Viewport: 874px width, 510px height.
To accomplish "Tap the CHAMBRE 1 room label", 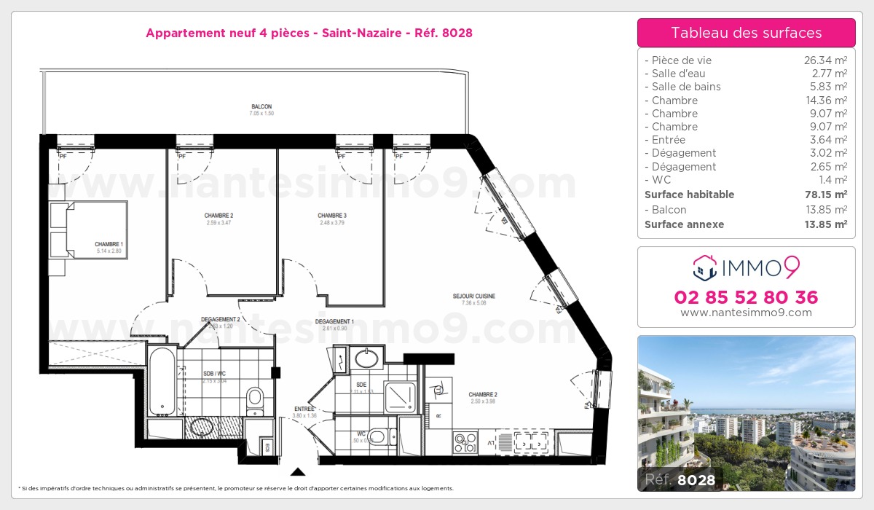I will pos(109,244).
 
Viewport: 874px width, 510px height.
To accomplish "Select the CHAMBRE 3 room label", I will pos(331,216).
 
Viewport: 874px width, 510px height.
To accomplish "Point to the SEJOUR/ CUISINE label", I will pos(473,297).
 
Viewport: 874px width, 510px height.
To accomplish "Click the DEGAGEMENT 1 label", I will pos(334,321).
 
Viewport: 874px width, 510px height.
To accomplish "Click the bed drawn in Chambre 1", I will pos(88,229).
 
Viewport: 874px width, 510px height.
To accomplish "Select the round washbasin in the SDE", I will pos(366,358).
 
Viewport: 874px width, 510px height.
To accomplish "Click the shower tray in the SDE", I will pos(401,397).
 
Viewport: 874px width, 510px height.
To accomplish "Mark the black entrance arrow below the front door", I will pos(297,471).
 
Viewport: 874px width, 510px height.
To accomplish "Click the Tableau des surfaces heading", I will pos(746,33).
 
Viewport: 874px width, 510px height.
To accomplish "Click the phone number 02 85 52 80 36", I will pos(746,297).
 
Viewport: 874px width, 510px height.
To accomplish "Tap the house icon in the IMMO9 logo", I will pos(704,268).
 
